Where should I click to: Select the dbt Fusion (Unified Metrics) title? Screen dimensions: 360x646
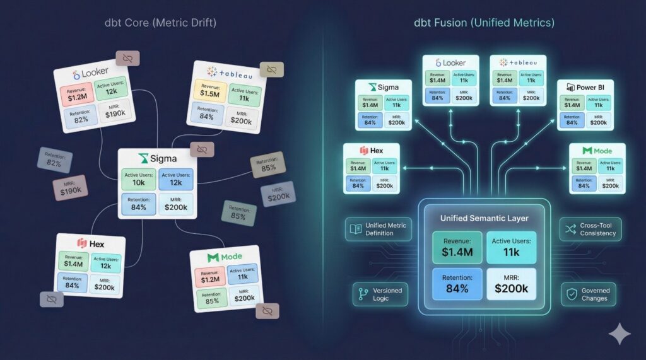pos(484,23)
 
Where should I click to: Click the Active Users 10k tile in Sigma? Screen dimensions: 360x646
pos(138,178)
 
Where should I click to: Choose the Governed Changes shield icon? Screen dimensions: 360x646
pos(571,294)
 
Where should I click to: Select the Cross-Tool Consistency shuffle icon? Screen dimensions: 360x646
pos(570,229)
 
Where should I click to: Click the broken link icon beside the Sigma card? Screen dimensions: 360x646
pos(202,149)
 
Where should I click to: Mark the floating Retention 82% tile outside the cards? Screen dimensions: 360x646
pos(54,160)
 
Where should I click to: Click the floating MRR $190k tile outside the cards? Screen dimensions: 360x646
pos(70,188)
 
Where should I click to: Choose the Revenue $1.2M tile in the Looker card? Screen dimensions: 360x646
pos(77,91)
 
